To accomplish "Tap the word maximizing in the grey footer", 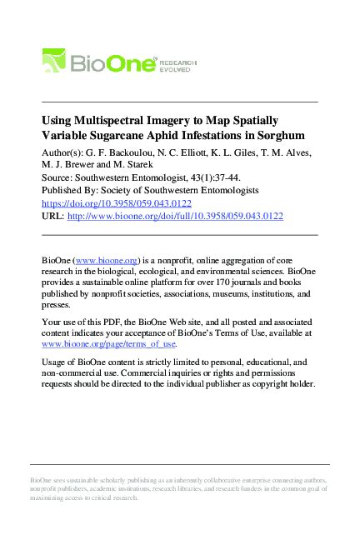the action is tap(50, 497).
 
